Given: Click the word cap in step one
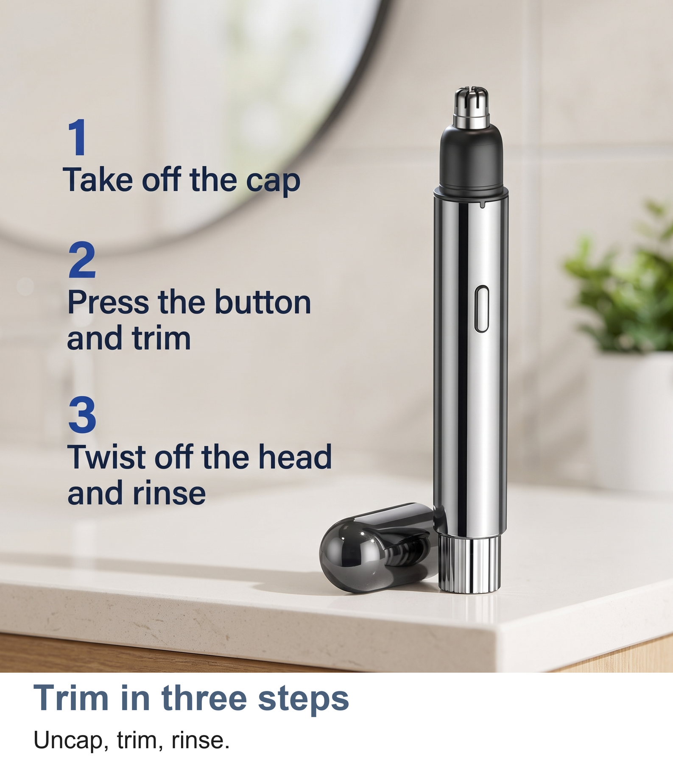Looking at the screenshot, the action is [273, 182].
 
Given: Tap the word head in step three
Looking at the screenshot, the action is [295, 457].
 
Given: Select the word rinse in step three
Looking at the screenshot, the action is [169, 493].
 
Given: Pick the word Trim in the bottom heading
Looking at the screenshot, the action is [71, 698].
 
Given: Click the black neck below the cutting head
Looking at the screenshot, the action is [471, 159].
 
